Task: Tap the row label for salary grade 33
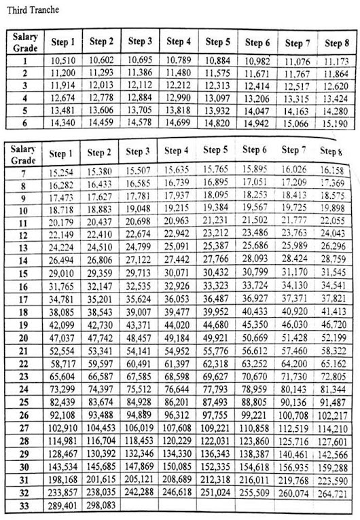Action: pos(24,506)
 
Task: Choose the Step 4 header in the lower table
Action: pos(177,151)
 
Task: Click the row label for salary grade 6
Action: pos(24,124)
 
